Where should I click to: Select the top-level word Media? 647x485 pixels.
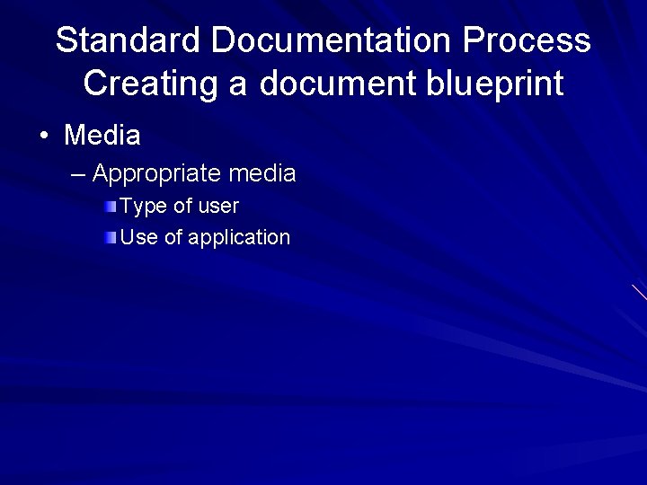102,137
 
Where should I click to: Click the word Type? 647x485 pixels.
143,207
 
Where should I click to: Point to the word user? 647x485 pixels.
218,207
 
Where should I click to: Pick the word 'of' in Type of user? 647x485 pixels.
182,207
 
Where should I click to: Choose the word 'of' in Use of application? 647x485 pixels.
173,238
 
